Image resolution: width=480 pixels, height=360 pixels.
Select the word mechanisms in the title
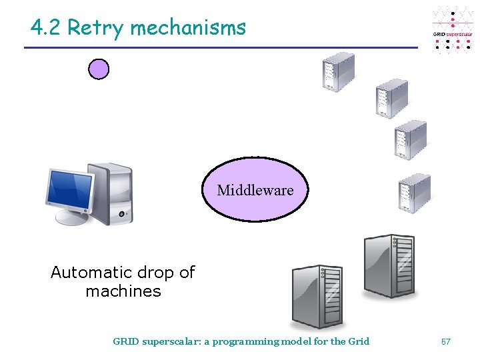point(188,28)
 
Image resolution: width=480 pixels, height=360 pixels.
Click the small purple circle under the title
point(99,69)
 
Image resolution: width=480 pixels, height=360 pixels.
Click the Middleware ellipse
point(255,190)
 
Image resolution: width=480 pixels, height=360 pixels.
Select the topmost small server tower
point(338,71)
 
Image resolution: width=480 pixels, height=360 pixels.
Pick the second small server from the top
point(391,99)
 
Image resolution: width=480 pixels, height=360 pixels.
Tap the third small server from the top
point(410,139)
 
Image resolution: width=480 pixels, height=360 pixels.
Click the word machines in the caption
point(123,291)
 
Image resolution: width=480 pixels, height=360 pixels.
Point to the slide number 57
point(446,341)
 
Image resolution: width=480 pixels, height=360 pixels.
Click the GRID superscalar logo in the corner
point(453,30)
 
